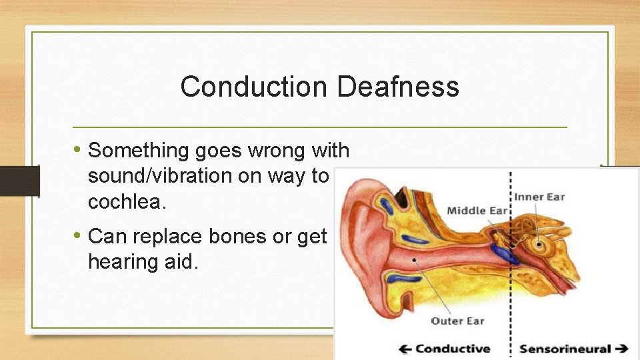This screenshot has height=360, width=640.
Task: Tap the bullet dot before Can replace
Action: [78, 236]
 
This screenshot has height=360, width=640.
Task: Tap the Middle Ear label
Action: [477, 211]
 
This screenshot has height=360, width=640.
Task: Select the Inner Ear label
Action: [539, 197]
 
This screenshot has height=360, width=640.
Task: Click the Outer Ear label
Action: [457, 321]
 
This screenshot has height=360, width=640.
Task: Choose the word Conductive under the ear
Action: [453, 349]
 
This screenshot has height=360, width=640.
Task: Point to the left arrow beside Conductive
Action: [405, 349]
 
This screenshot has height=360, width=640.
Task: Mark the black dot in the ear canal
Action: [415, 259]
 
